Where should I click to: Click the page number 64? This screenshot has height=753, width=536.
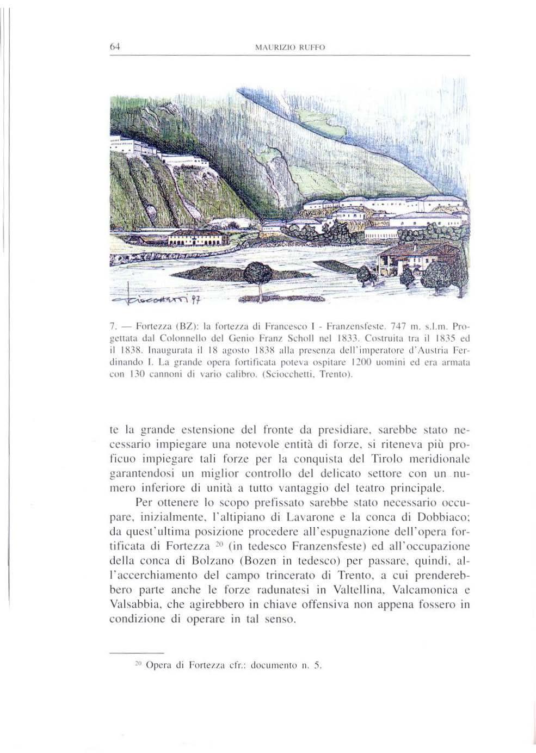(x=114, y=47)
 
